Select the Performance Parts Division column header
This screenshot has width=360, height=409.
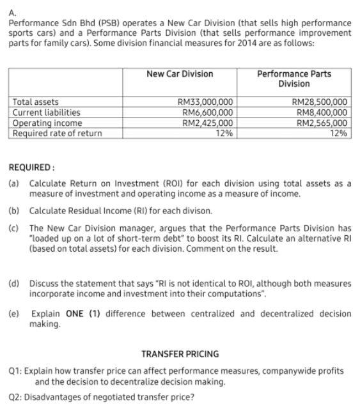[x=293, y=79]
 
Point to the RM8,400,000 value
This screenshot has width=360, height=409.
[x=322, y=112]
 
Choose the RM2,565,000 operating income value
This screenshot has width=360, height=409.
[x=322, y=123]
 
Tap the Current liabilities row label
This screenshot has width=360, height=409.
[x=47, y=112]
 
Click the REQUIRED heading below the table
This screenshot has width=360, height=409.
[x=31, y=168]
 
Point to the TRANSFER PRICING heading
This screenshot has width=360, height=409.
[x=180, y=353]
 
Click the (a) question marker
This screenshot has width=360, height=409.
[x=13, y=183]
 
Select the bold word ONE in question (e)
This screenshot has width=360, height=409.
[x=72, y=314]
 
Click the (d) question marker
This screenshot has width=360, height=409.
[x=13, y=283]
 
